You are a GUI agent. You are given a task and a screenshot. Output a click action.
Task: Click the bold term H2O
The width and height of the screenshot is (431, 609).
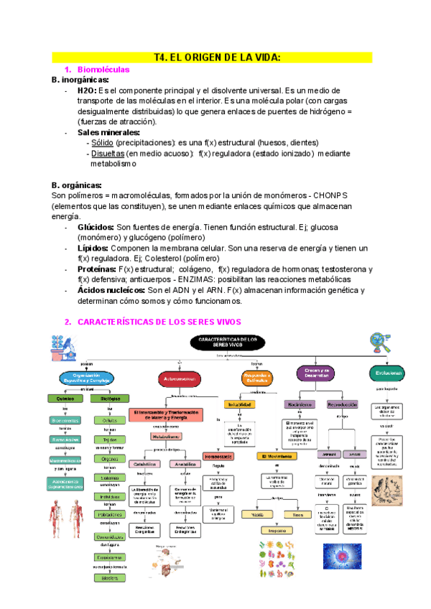click(x=86, y=91)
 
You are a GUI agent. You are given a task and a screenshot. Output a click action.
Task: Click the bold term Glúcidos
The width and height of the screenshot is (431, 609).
click(x=95, y=227)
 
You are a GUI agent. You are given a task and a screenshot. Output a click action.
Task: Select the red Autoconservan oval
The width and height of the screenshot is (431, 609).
click(x=180, y=376)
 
